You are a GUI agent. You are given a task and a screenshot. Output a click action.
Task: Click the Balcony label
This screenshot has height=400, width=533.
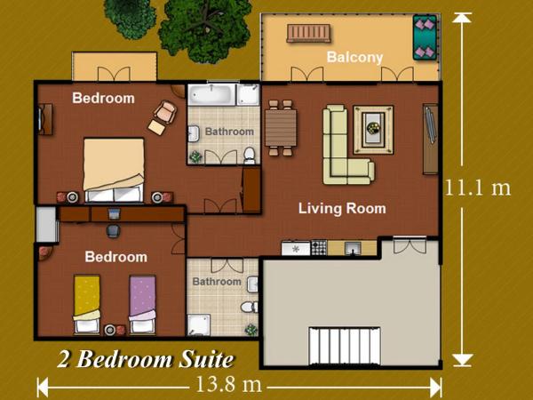pos(354,58)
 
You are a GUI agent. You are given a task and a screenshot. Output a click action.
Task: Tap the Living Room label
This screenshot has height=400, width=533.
pos(342,209)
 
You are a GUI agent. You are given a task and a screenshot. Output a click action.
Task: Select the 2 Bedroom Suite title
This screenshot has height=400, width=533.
pos(146,359)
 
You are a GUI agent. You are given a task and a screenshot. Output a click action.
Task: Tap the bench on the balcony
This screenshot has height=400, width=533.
pos(308,34)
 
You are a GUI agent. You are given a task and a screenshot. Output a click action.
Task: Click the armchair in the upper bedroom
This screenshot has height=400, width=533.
pos(163,116)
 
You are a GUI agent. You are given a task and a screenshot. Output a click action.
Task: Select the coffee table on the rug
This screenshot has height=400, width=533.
pos(371,130)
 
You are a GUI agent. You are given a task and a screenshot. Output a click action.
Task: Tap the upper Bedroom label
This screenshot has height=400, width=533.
pos(103,98)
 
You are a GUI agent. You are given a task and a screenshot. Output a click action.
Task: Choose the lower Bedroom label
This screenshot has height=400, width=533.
pos(115,257)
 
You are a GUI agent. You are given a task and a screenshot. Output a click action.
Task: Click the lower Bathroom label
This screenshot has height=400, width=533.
pos(217,282)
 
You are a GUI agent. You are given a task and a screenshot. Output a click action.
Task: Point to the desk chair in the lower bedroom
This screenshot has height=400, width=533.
pos(114,229)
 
